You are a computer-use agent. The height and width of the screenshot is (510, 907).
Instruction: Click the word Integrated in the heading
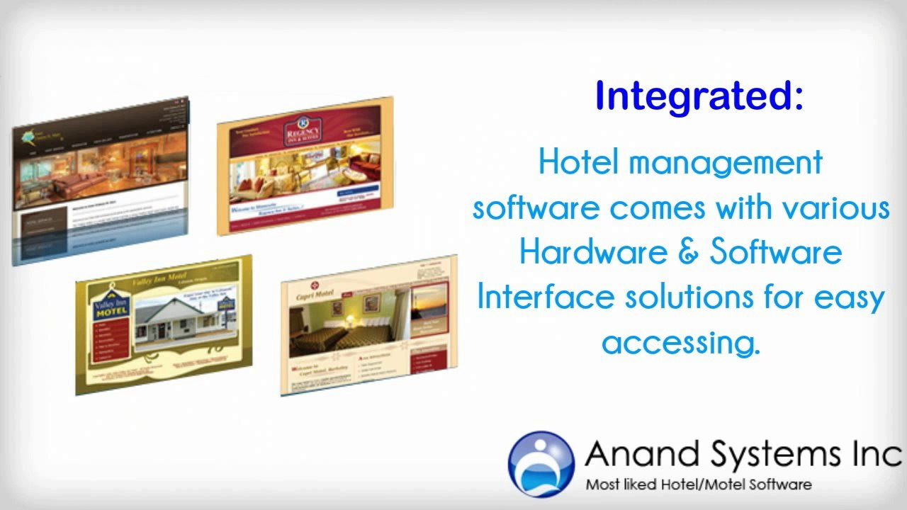click(692, 96)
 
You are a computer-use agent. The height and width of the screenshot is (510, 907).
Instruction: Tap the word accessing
click(680, 344)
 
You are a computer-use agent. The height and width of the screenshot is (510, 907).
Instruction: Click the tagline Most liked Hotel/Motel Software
click(698, 485)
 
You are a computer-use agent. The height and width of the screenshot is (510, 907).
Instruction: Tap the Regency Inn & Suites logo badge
click(303, 132)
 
